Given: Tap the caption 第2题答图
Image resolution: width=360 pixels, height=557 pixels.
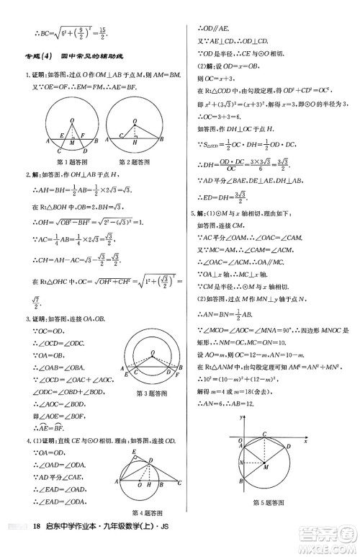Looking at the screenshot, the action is (132, 162).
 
